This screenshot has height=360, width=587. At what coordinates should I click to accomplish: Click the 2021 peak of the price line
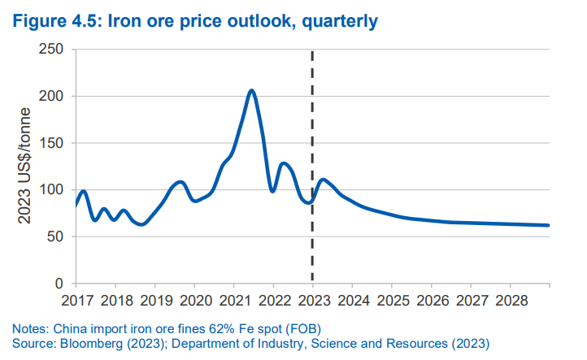252,90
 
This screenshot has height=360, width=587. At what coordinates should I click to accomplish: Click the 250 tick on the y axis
50,50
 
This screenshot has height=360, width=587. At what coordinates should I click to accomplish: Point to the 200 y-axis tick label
50,97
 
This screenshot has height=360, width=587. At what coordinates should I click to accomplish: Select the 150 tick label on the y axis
50,143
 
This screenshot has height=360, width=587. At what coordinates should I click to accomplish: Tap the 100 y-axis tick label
50,190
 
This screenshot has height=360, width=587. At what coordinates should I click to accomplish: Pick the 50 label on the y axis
54,237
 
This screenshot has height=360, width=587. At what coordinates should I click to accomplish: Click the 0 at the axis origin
59,284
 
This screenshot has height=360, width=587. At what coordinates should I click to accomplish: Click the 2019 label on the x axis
154,300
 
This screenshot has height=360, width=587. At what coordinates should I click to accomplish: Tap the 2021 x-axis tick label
233,300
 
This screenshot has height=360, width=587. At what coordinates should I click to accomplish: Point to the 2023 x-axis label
313,300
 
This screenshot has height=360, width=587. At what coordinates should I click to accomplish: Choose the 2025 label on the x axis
392,300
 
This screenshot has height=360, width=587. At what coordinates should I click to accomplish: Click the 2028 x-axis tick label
511,300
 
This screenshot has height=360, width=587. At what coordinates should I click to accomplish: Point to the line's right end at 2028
549,225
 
